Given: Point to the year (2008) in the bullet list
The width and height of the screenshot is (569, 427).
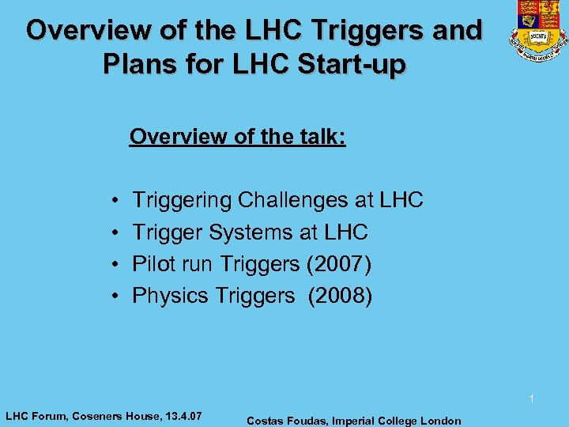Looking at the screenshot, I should click(340, 295).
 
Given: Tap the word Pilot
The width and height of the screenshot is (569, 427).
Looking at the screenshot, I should click(151, 263).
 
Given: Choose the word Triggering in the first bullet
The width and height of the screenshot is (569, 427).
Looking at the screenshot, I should click(183, 200).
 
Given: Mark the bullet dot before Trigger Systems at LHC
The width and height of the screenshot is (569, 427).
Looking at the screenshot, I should click(115, 232).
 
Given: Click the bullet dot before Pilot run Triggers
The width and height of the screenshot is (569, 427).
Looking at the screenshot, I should click(115, 264).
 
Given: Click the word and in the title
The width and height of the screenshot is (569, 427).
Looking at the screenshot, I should click(458, 31).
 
